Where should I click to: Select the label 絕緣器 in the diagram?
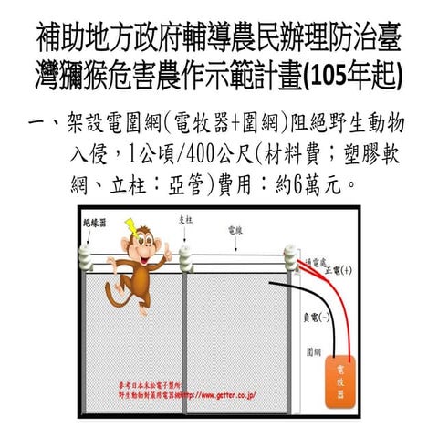click(93, 222)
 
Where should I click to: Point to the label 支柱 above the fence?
click(186, 221)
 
